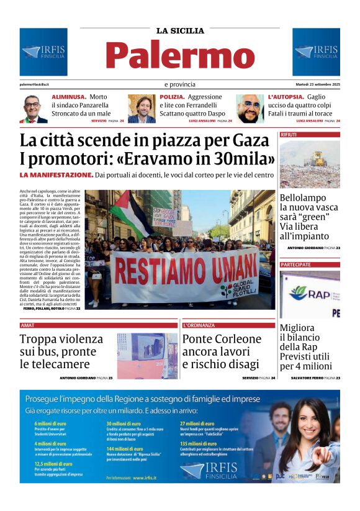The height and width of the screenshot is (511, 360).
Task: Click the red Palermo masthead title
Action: click(180, 55)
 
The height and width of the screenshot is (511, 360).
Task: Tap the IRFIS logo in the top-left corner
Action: click(43, 52)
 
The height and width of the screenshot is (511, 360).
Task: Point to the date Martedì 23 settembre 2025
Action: click(317, 84)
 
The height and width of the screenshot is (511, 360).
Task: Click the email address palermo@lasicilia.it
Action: click(34, 84)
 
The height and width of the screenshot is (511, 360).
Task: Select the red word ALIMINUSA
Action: click(68, 97)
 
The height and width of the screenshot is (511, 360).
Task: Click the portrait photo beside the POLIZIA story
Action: click(142, 109)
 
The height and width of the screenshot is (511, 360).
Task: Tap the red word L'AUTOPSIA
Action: click(286, 97)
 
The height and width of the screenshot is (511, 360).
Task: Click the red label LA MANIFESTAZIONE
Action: click(56, 175)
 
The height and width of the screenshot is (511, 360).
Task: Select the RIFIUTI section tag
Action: click(289, 134)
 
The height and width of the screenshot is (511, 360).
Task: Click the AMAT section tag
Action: click(27, 325)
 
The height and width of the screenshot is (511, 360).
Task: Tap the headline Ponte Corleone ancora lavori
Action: click(222, 345)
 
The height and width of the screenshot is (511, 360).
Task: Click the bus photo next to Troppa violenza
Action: click(147, 356)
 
